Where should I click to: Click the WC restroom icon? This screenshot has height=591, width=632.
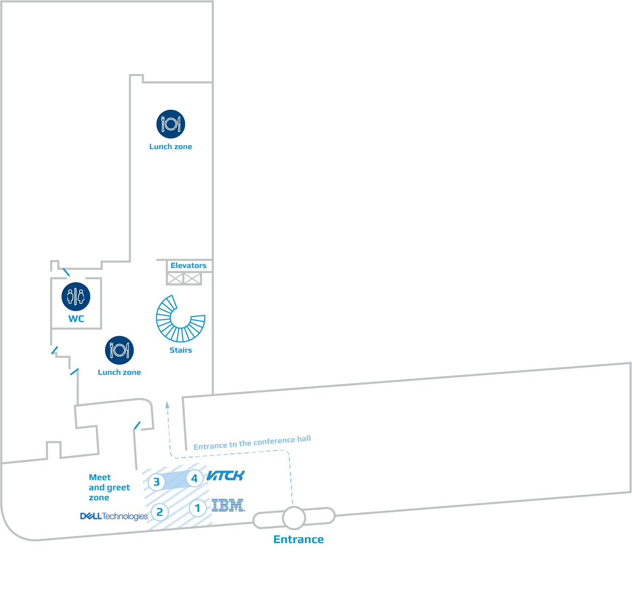click(76, 296)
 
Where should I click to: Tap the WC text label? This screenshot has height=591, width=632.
click(76, 319)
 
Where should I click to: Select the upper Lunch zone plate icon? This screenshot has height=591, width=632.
click(171, 124)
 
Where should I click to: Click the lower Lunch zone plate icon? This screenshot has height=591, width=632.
click(119, 350)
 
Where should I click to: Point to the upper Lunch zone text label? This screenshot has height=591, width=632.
click(170, 147)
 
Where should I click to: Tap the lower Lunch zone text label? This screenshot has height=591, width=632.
click(119, 372)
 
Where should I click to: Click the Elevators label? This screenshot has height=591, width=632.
click(188, 266)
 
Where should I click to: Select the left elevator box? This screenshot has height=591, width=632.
click(175, 278)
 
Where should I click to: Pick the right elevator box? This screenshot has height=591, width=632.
click(192, 278)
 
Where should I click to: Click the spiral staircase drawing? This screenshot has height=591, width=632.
click(180, 319)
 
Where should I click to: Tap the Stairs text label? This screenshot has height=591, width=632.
click(180, 350)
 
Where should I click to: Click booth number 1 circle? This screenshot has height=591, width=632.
click(198, 508)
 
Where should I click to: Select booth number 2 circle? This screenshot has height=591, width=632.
click(160, 512)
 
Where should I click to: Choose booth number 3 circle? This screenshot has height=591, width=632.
click(156, 482)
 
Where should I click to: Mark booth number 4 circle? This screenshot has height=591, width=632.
click(195, 479)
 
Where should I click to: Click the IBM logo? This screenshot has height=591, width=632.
click(228, 505)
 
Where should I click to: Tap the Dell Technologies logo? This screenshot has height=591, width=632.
click(114, 516)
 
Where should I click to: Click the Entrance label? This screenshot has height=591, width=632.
click(298, 540)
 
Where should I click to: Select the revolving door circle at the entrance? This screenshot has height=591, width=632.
click(294, 517)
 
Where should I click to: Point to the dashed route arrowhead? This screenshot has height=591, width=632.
click(167, 404)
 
